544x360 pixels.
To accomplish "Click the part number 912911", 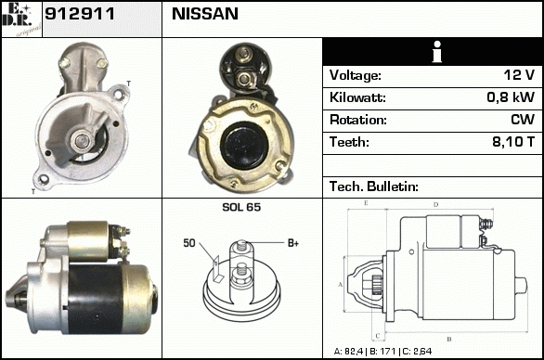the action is pos(80,14).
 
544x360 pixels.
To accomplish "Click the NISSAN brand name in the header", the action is pos(205,14).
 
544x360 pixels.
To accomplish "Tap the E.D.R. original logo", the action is pos(21,19).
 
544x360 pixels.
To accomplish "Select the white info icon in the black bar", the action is pos(437,52).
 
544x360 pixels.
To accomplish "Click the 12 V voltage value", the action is pos(519,75).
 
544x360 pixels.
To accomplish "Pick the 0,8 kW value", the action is pos(511,97).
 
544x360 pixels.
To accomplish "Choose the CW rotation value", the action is pos(523,120).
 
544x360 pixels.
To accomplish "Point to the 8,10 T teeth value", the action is pos(513,142).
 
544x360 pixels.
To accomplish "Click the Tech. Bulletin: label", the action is pos(374,186).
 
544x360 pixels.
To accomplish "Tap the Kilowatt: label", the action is pos(357,97).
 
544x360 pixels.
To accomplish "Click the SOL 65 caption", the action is pos(241,207).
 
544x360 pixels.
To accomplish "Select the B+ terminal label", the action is pos(293,243).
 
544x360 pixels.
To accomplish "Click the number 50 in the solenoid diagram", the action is pos(189,243).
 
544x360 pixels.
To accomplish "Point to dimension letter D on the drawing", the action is pos(435,205).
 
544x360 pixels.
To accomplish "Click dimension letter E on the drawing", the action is pos(366,203).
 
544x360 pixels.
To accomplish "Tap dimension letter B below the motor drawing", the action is pos(449,339).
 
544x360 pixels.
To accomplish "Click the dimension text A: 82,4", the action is pos(348,352).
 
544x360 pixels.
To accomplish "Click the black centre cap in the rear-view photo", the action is pos(244,145).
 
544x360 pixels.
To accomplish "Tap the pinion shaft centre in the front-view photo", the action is pos(83,140).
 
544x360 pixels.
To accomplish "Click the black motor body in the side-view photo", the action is pos(95,299).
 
